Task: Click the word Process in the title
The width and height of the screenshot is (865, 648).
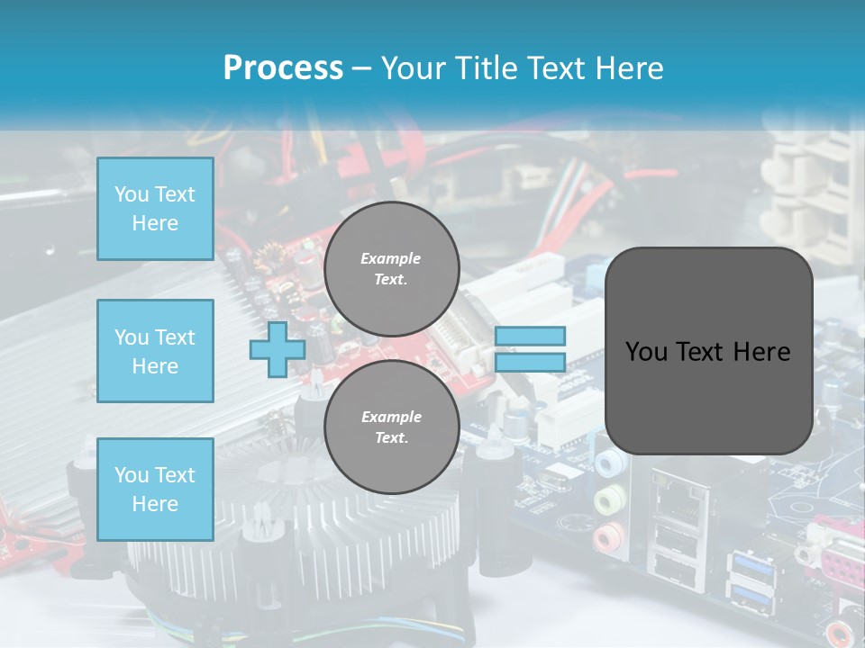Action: tap(283, 67)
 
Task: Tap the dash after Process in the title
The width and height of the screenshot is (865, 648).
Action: tap(361, 68)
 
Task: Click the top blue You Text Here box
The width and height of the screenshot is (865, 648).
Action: tap(155, 209)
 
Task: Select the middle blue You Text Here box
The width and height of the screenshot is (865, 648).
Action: tap(155, 351)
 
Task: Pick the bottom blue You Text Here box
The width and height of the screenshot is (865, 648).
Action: tap(155, 489)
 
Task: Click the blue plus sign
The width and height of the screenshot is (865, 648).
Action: tap(278, 349)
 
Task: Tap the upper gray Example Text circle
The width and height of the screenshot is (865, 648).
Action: tap(391, 269)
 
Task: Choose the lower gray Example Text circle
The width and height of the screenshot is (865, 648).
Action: tap(391, 427)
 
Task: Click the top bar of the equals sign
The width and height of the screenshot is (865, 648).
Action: tap(530, 336)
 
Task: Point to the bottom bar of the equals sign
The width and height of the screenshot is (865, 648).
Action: tap(530, 362)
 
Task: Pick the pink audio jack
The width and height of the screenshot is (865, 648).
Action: tap(605, 537)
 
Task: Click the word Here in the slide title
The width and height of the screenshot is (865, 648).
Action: tap(629, 67)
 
